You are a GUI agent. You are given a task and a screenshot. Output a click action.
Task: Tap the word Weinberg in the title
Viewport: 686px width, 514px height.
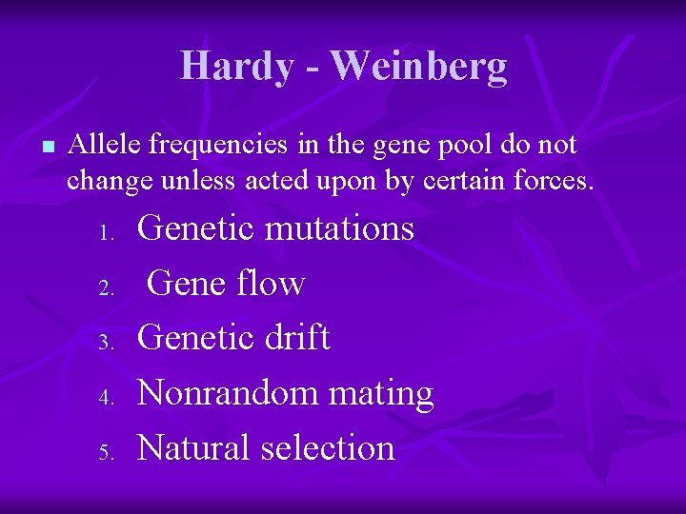[x=419, y=67]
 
